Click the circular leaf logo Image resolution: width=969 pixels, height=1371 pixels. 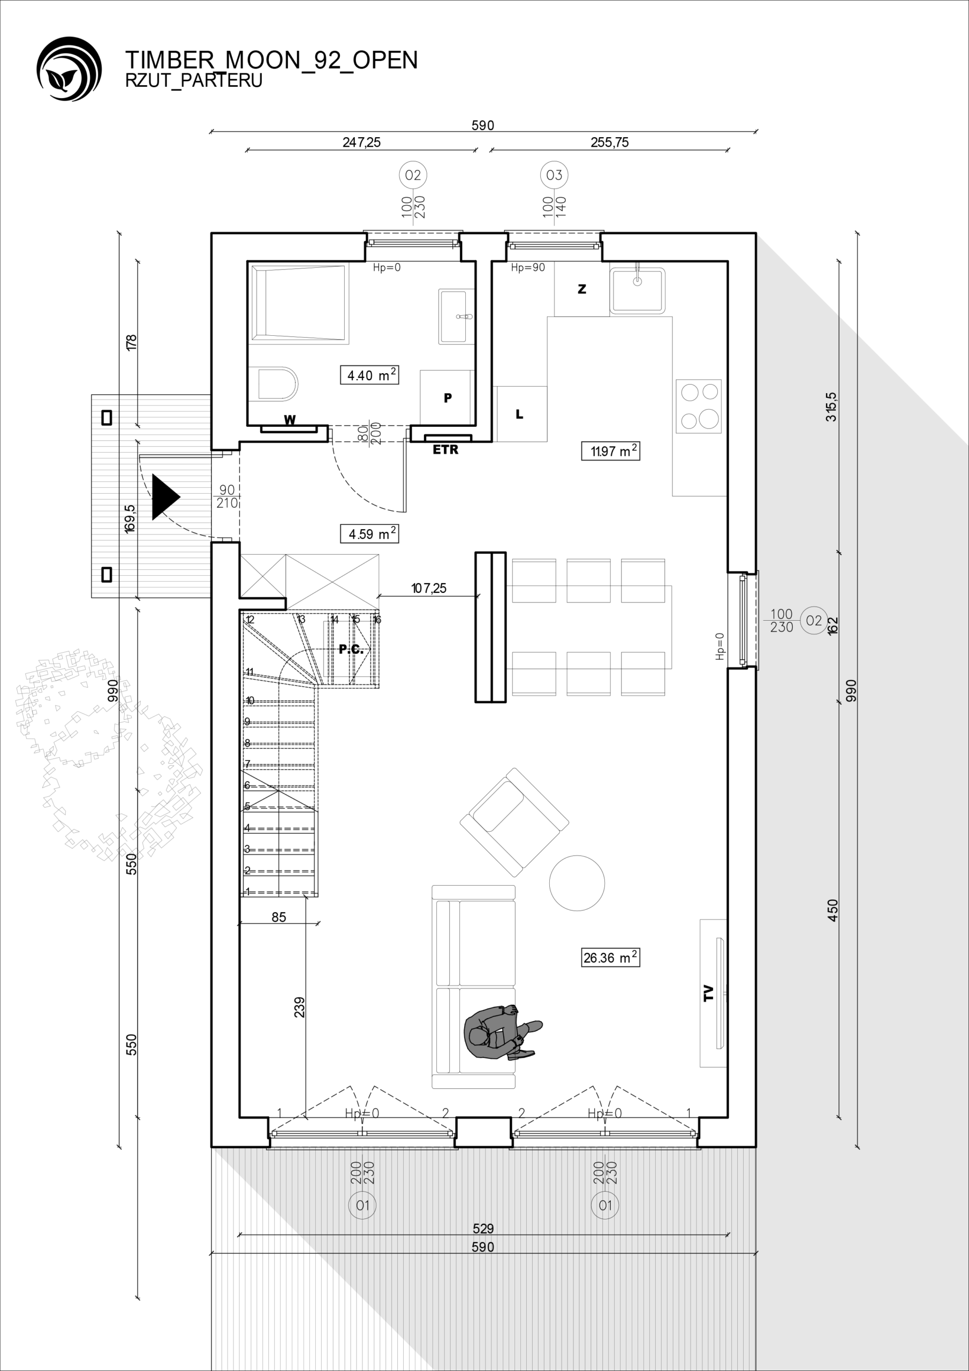(x=69, y=69)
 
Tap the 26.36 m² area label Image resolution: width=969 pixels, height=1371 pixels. (x=610, y=957)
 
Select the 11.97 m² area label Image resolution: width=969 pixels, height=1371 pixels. (x=610, y=451)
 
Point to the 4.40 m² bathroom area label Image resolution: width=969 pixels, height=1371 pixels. (x=369, y=375)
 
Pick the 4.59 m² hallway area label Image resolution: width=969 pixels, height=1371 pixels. (x=369, y=533)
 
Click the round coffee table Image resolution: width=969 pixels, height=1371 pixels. (x=577, y=883)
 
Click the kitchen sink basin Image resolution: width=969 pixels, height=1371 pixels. (x=638, y=290)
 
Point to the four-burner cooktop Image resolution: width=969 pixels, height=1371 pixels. (x=699, y=406)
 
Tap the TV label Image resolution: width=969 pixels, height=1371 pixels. (x=708, y=993)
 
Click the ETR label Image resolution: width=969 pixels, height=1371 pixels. (x=445, y=450)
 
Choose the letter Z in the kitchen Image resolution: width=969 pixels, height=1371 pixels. (x=582, y=289)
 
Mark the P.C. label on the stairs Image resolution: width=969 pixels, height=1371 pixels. (x=351, y=650)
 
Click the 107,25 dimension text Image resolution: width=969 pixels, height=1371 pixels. (x=429, y=588)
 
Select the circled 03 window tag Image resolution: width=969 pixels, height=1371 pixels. (x=554, y=175)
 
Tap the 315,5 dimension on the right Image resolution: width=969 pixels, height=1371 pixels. (x=831, y=406)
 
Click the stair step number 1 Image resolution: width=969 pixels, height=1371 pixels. (x=248, y=892)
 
